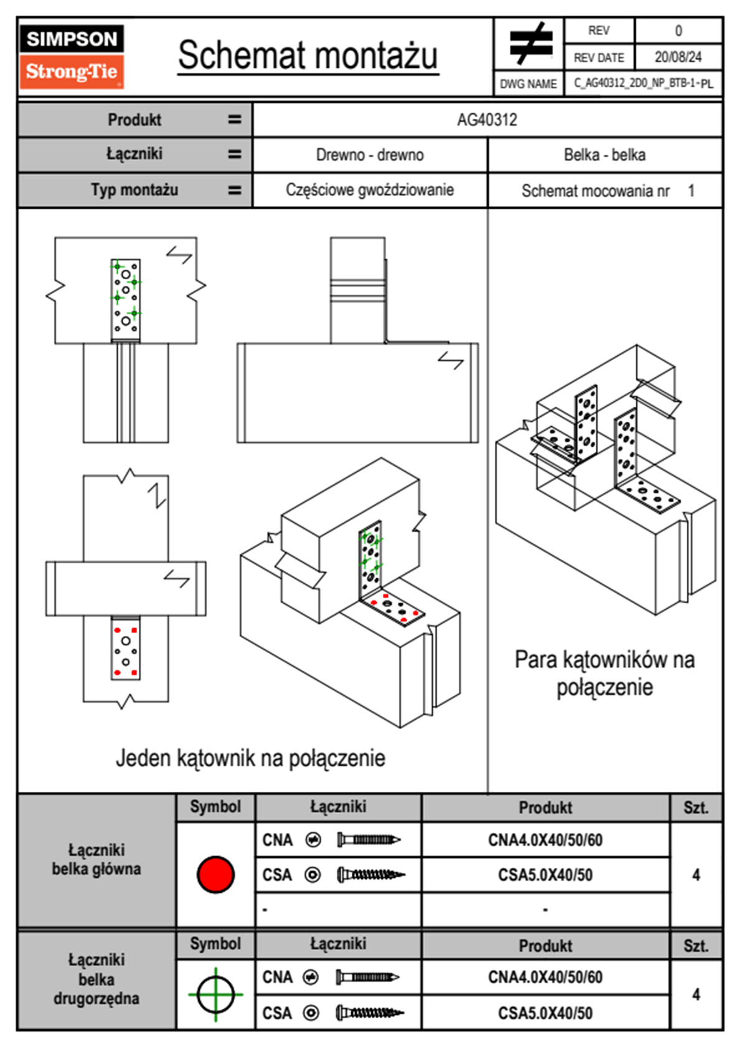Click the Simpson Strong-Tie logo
tap(71, 57)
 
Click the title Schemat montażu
tap(308, 55)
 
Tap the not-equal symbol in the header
tap(530, 44)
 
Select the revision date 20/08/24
tap(677, 57)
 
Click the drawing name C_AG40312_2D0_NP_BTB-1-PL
tap(643, 83)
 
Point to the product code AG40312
tap(487, 120)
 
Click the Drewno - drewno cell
tap(370, 155)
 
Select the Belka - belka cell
tap(605, 155)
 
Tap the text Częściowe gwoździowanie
tap(370, 190)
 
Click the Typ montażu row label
tap(135, 190)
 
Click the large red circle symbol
tap(215, 874)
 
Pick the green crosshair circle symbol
tap(215, 994)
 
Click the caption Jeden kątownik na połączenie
tap(250, 758)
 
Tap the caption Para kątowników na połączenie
tap(605, 673)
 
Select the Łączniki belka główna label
tap(97, 859)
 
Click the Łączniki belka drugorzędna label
tap(97, 979)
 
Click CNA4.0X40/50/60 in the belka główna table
tap(545, 840)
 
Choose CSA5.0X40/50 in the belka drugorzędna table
tap(545, 1013)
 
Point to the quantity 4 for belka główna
tap(696, 875)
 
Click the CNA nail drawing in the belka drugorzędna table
tap(367, 977)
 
